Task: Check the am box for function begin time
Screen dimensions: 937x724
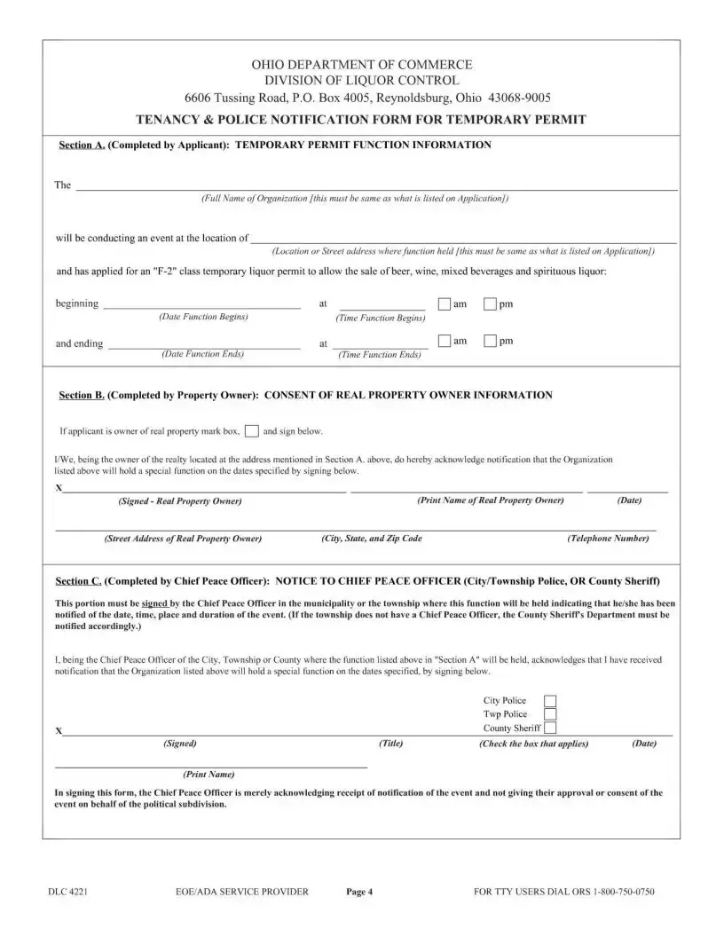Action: click(x=445, y=304)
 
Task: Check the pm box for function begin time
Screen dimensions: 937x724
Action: click(x=491, y=304)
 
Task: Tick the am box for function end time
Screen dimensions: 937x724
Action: click(x=445, y=342)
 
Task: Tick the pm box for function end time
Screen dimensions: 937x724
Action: click(x=491, y=342)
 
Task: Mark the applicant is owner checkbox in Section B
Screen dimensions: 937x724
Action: click(x=252, y=431)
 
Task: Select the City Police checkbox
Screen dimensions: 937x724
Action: click(x=550, y=701)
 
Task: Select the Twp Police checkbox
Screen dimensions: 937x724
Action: click(x=550, y=714)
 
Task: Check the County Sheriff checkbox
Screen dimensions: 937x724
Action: click(x=550, y=728)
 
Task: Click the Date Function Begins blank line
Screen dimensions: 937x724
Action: click(x=202, y=304)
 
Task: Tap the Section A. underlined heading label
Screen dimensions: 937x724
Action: click(x=82, y=145)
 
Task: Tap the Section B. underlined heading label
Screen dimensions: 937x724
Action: click(x=82, y=395)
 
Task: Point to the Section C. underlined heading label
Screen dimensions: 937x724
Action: click(x=78, y=581)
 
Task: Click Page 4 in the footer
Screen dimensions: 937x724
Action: click(x=358, y=892)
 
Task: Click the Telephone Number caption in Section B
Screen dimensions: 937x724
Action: click(x=607, y=539)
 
